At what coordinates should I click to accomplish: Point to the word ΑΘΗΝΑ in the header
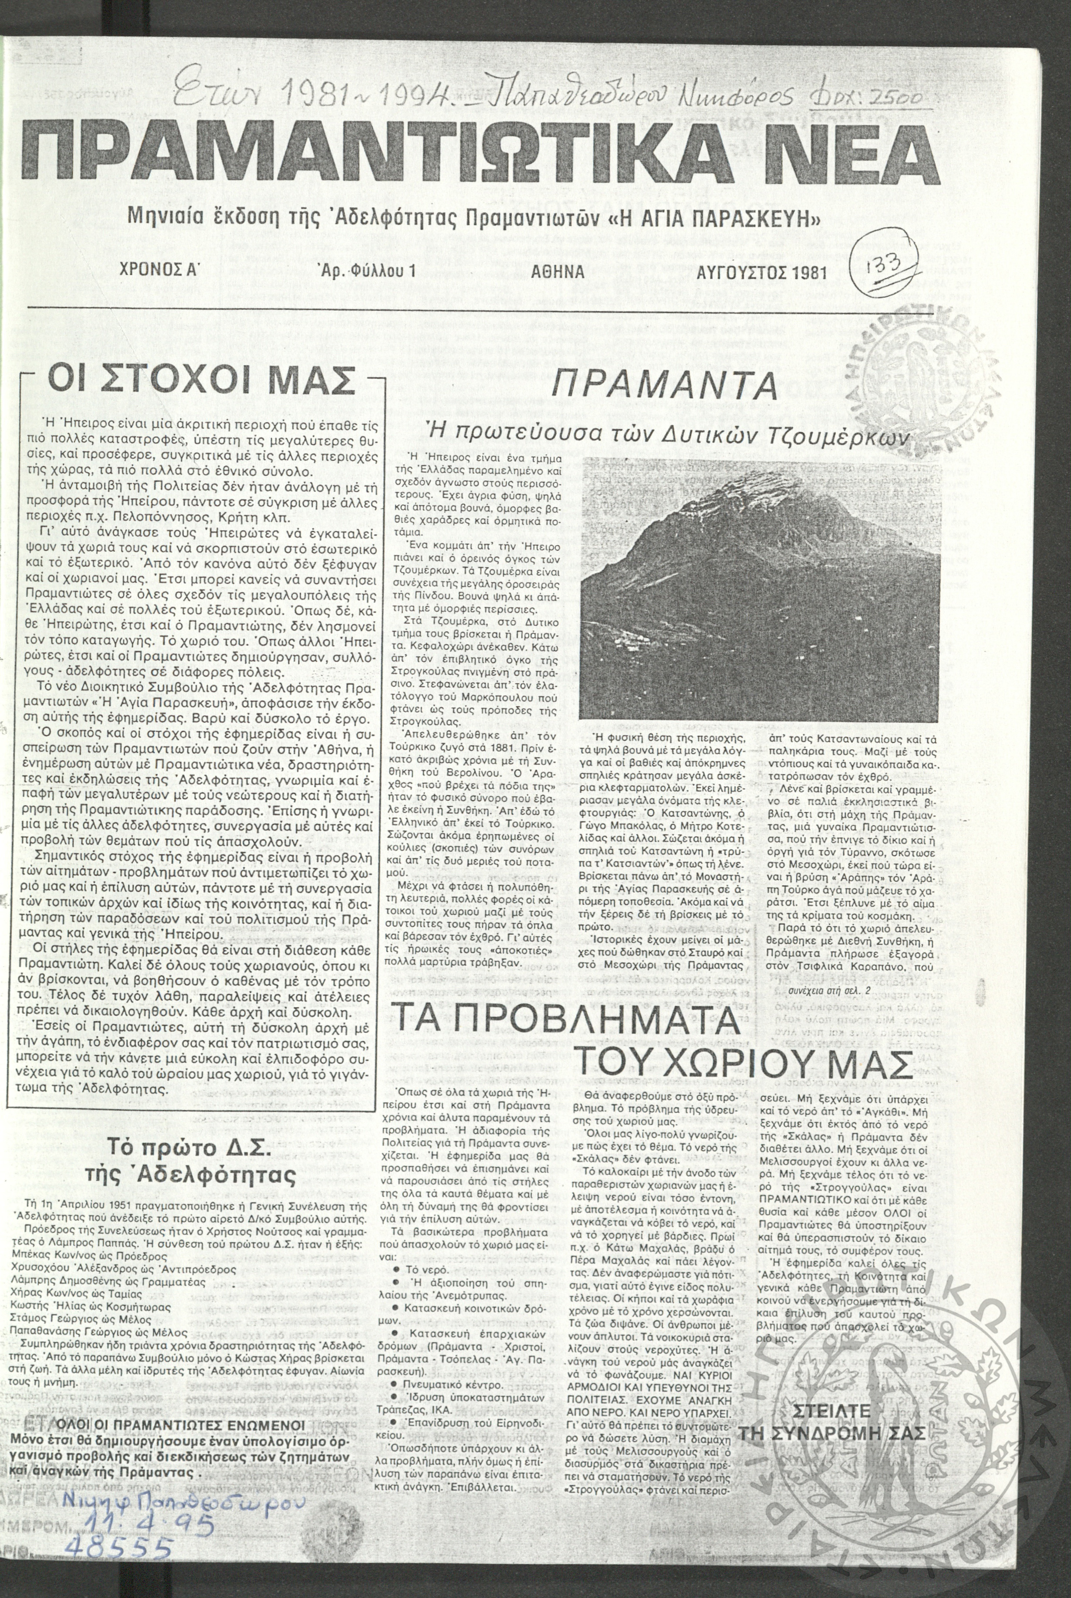tap(557, 272)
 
